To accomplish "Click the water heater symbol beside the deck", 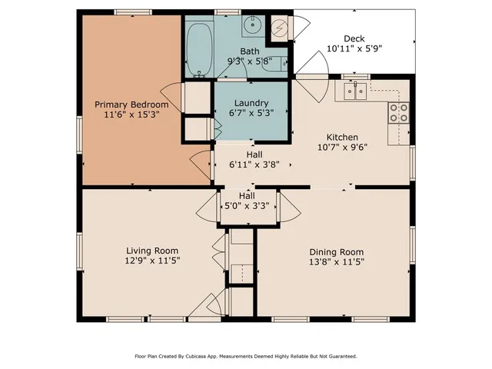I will [x=281, y=30].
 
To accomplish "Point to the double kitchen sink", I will [x=354, y=91].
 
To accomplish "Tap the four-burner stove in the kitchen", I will [x=398, y=114].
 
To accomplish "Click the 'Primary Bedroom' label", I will [x=131, y=104].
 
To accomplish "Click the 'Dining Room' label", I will [x=336, y=252].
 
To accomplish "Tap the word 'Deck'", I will [x=354, y=38].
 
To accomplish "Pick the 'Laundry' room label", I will [x=251, y=103].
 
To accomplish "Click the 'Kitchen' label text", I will [x=342, y=136].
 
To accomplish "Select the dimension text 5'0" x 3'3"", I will [x=247, y=206].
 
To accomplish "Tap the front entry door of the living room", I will [x=201, y=307].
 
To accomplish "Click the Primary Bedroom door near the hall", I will [x=201, y=164].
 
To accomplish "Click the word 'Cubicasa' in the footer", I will [x=207, y=356].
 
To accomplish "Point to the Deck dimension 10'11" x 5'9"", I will [x=354, y=49].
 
